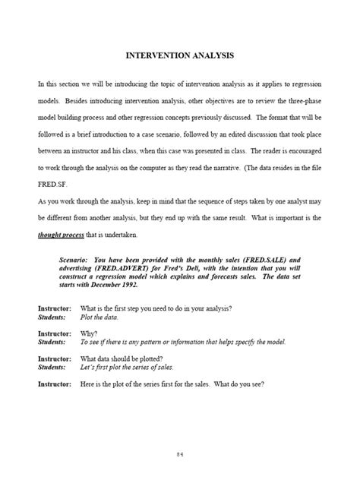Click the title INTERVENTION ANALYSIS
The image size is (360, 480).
179,55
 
